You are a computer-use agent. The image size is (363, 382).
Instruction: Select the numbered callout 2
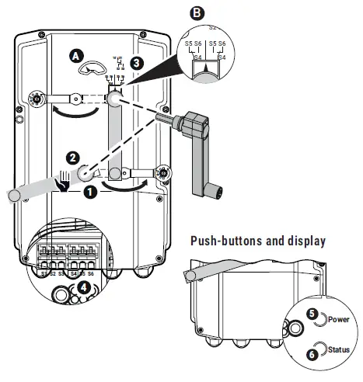point(72,157)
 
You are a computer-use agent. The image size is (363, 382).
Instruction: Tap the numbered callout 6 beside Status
point(312,353)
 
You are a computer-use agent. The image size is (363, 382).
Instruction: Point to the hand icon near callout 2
point(63,182)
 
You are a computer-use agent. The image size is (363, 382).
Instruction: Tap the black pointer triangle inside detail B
point(204,71)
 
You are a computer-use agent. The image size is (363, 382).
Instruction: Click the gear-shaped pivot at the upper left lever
point(36,100)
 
